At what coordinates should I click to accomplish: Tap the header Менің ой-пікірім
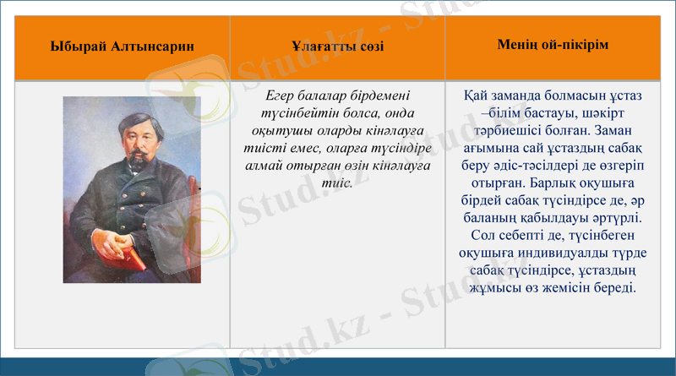pyautogui.click(x=553, y=43)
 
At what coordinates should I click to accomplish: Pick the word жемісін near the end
pyautogui.click(x=572, y=288)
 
